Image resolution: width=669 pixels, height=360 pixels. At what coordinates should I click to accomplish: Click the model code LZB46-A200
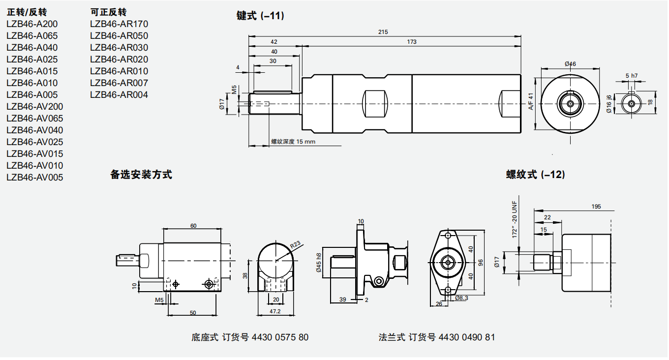pos(32,24)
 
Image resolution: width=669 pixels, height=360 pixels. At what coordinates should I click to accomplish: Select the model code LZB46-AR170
pos(119,24)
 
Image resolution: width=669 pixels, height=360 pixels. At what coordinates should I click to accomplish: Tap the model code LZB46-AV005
pos(35,178)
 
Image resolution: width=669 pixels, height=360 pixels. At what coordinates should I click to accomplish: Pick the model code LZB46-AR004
pos(119,95)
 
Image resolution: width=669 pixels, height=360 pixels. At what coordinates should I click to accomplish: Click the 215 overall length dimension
pos(383,32)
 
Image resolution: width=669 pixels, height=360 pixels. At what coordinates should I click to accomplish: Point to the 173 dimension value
pos(412,42)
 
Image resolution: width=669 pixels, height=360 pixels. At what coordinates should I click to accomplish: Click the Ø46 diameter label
pos(570,64)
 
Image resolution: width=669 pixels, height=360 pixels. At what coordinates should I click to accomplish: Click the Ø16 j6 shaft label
pos(609,104)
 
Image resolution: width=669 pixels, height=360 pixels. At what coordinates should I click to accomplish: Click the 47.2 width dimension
pos(275,311)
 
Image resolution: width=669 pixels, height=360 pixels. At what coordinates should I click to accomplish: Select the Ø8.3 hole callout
pos(461,298)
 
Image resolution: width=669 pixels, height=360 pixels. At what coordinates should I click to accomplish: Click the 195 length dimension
pos(596,207)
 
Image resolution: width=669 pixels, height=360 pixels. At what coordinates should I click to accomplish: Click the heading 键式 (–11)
pos(260,16)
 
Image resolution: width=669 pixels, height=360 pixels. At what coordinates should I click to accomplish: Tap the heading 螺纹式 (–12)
pos(535,175)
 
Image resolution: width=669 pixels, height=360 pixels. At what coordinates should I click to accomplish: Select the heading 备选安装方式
pos(141,175)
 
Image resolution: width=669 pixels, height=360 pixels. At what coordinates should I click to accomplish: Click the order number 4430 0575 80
pos(280,337)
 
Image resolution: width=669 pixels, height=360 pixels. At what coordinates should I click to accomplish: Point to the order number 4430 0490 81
pos(467,337)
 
